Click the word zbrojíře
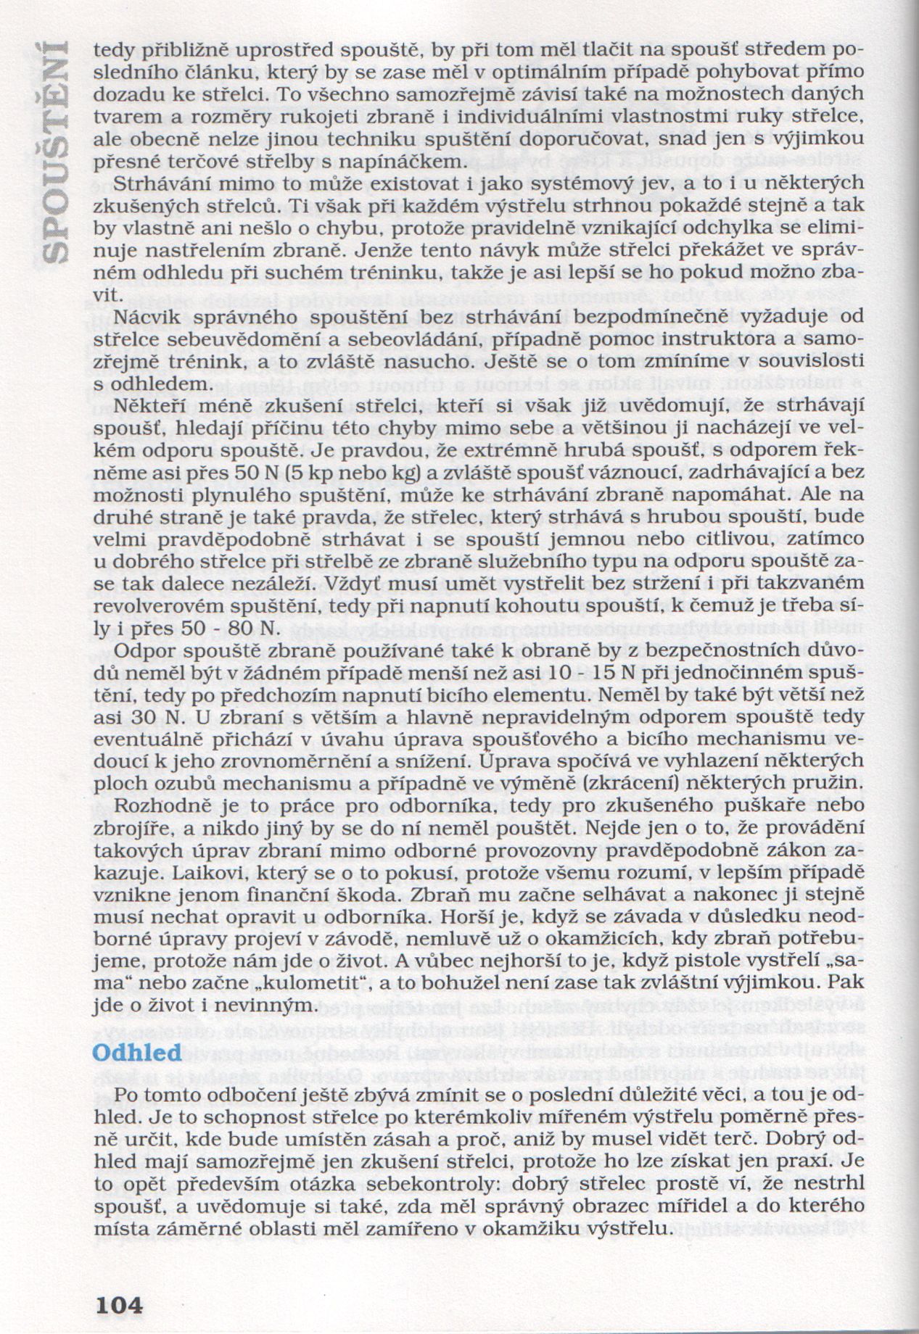(x=131, y=831)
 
